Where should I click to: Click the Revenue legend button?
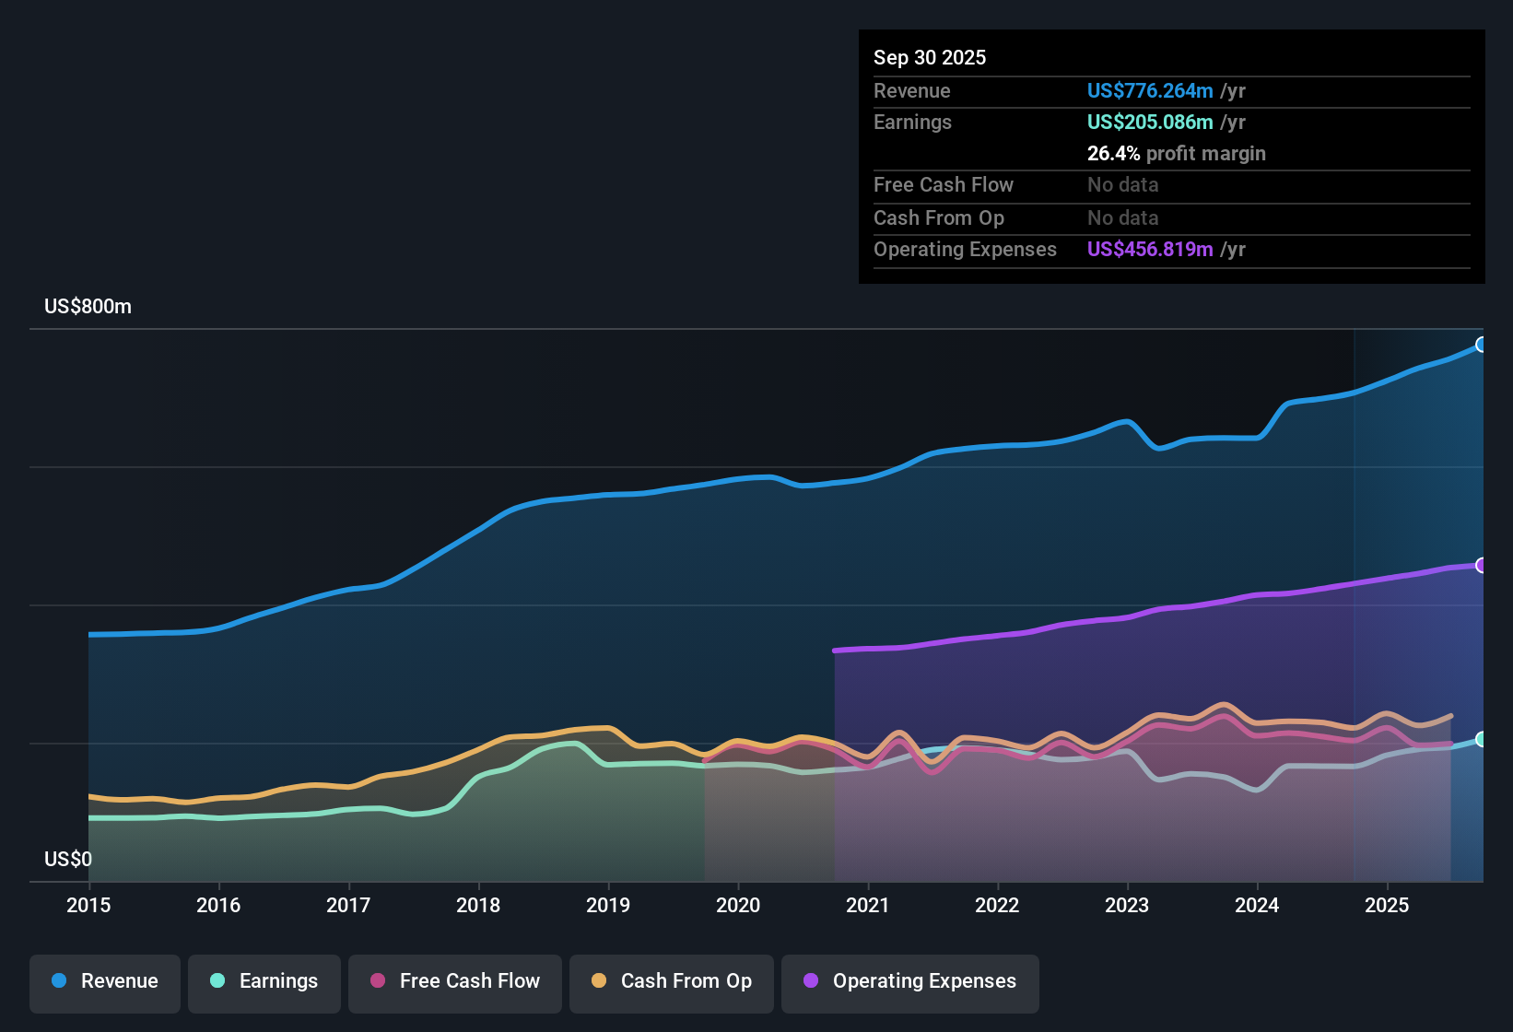[x=105, y=982]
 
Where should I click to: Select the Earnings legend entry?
[x=264, y=982]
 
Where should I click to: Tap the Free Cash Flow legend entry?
[x=455, y=982]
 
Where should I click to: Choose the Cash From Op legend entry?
[x=672, y=982]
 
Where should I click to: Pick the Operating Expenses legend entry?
[x=910, y=982]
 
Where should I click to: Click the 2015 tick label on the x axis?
[x=88, y=906]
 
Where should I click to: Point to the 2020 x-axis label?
[x=738, y=906]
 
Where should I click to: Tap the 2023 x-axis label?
[x=1127, y=906]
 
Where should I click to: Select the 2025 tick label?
[x=1387, y=906]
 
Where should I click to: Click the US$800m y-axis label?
[x=88, y=307]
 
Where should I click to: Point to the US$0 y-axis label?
[x=68, y=860]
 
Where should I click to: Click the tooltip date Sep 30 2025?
[x=930, y=58]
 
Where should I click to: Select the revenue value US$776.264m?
[x=1149, y=91]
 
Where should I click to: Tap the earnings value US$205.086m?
[x=1149, y=123]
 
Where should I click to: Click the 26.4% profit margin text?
[x=1176, y=154]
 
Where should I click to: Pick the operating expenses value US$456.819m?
[x=1149, y=250]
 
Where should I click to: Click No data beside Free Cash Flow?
[x=1122, y=185]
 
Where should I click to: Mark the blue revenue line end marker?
[x=1482, y=345]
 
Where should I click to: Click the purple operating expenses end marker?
[x=1482, y=565]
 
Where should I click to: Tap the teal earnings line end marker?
[x=1482, y=739]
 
